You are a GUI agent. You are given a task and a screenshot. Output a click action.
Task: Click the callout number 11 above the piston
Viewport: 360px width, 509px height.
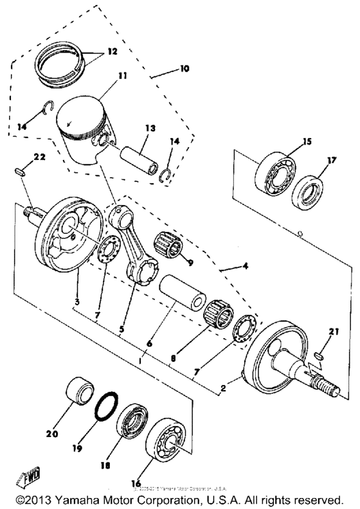coord(122,76)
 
